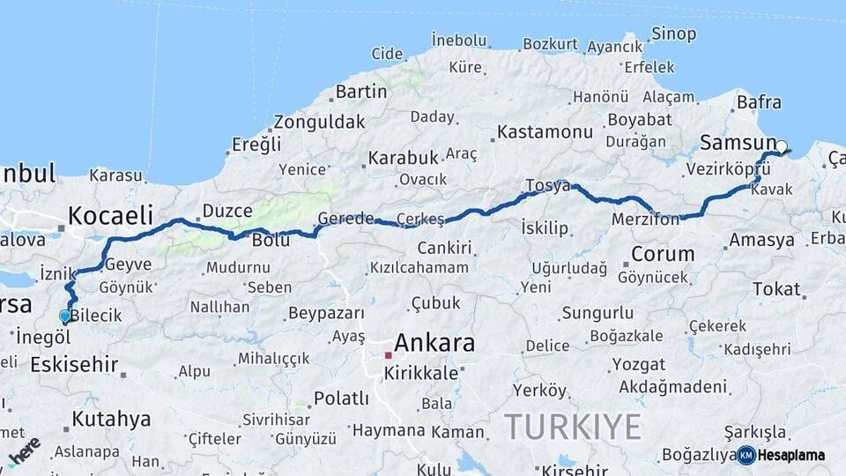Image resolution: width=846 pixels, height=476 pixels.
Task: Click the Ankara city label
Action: pyautogui.click(x=434, y=343)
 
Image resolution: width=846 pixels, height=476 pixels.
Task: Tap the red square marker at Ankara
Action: pyautogui.click(x=388, y=355)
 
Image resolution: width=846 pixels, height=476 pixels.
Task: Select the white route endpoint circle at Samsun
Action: pyautogui.click(x=781, y=146)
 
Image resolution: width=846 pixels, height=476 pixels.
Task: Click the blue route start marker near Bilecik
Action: pyautogui.click(x=64, y=316)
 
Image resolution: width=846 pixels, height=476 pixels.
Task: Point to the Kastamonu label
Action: pyautogui.click(x=545, y=132)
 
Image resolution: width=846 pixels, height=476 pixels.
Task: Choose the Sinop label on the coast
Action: pyautogui.click(x=673, y=34)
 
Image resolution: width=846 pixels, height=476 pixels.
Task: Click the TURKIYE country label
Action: pyautogui.click(x=573, y=428)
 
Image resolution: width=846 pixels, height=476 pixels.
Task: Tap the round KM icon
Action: pyautogui.click(x=746, y=455)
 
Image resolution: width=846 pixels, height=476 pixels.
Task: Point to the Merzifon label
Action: pyautogui.click(x=645, y=219)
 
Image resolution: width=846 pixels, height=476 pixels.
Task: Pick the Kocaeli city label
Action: pyautogui.click(x=110, y=215)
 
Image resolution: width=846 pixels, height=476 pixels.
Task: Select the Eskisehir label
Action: pyautogui.click(x=74, y=364)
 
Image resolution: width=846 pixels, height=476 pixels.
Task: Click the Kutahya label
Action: pyautogui.click(x=111, y=419)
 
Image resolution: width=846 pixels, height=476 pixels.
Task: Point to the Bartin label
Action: pyautogui.click(x=361, y=91)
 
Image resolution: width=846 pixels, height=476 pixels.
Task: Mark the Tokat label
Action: pyautogui.click(x=776, y=288)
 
